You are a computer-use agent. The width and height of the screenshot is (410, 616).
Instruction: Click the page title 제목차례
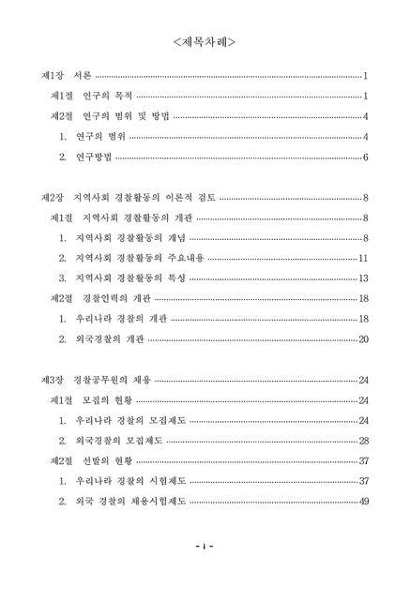point(205,42)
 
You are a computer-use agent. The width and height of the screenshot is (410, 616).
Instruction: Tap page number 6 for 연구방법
point(364,157)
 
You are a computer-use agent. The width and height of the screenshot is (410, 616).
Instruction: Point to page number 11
point(362,258)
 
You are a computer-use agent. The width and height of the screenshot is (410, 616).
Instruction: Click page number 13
point(362,278)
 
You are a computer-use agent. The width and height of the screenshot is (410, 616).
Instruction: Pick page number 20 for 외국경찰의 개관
point(362,338)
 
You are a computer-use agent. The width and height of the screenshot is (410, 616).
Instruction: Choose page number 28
point(362,441)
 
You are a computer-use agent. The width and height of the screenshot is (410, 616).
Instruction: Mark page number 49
point(362,502)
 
